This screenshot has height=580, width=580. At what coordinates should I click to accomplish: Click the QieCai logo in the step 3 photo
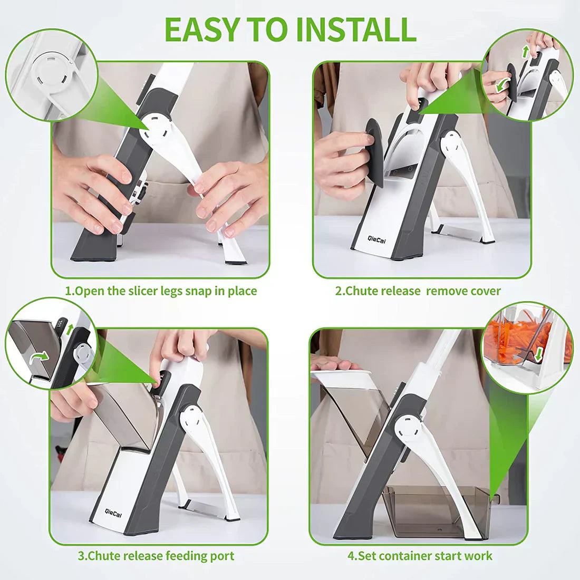[113, 514]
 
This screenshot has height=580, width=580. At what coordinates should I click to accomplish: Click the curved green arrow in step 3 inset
[40, 357]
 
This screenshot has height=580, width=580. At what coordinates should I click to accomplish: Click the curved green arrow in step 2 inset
[502, 86]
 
